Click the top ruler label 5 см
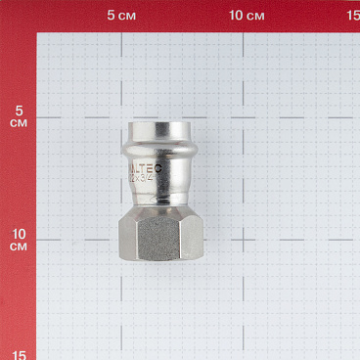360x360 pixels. (x=122, y=16)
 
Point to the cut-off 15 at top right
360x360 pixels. (x=352, y=16)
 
